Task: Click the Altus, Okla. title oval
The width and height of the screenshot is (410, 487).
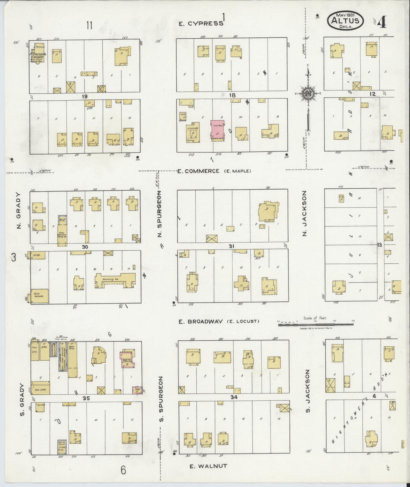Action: [x=346, y=20]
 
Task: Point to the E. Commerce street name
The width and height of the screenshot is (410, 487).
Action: [x=198, y=171]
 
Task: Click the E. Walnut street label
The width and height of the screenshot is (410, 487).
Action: [x=208, y=466]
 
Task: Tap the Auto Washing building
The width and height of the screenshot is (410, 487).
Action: [x=39, y=296]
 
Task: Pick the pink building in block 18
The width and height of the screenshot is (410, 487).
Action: [x=217, y=131]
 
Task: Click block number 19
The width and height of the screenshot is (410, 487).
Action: [x=84, y=97]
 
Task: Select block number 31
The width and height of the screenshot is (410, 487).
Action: [x=232, y=246]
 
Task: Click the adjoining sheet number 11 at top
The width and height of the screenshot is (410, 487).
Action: [x=90, y=26]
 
